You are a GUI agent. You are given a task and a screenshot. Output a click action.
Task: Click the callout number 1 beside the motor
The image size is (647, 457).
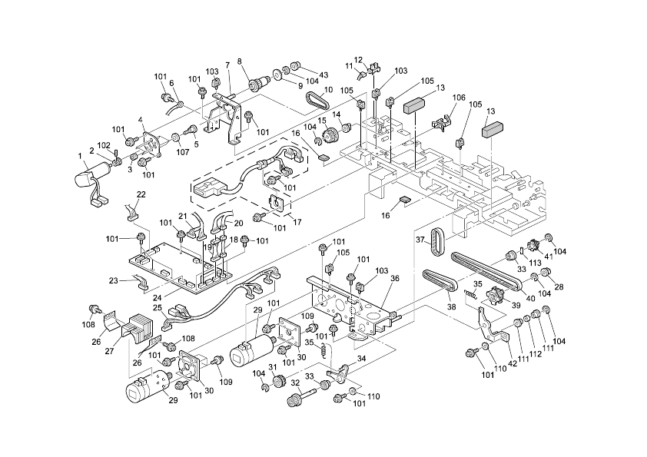[x=82, y=157]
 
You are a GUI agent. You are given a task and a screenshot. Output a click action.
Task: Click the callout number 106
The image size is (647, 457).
[x=459, y=98]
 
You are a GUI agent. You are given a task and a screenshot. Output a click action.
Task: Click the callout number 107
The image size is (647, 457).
[x=182, y=151]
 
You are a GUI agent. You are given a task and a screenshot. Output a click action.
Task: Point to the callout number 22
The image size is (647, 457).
[x=141, y=194]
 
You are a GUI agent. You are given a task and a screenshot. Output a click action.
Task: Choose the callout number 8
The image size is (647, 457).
[x=240, y=61]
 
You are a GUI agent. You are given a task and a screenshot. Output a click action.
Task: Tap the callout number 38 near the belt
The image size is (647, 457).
[x=451, y=306]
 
